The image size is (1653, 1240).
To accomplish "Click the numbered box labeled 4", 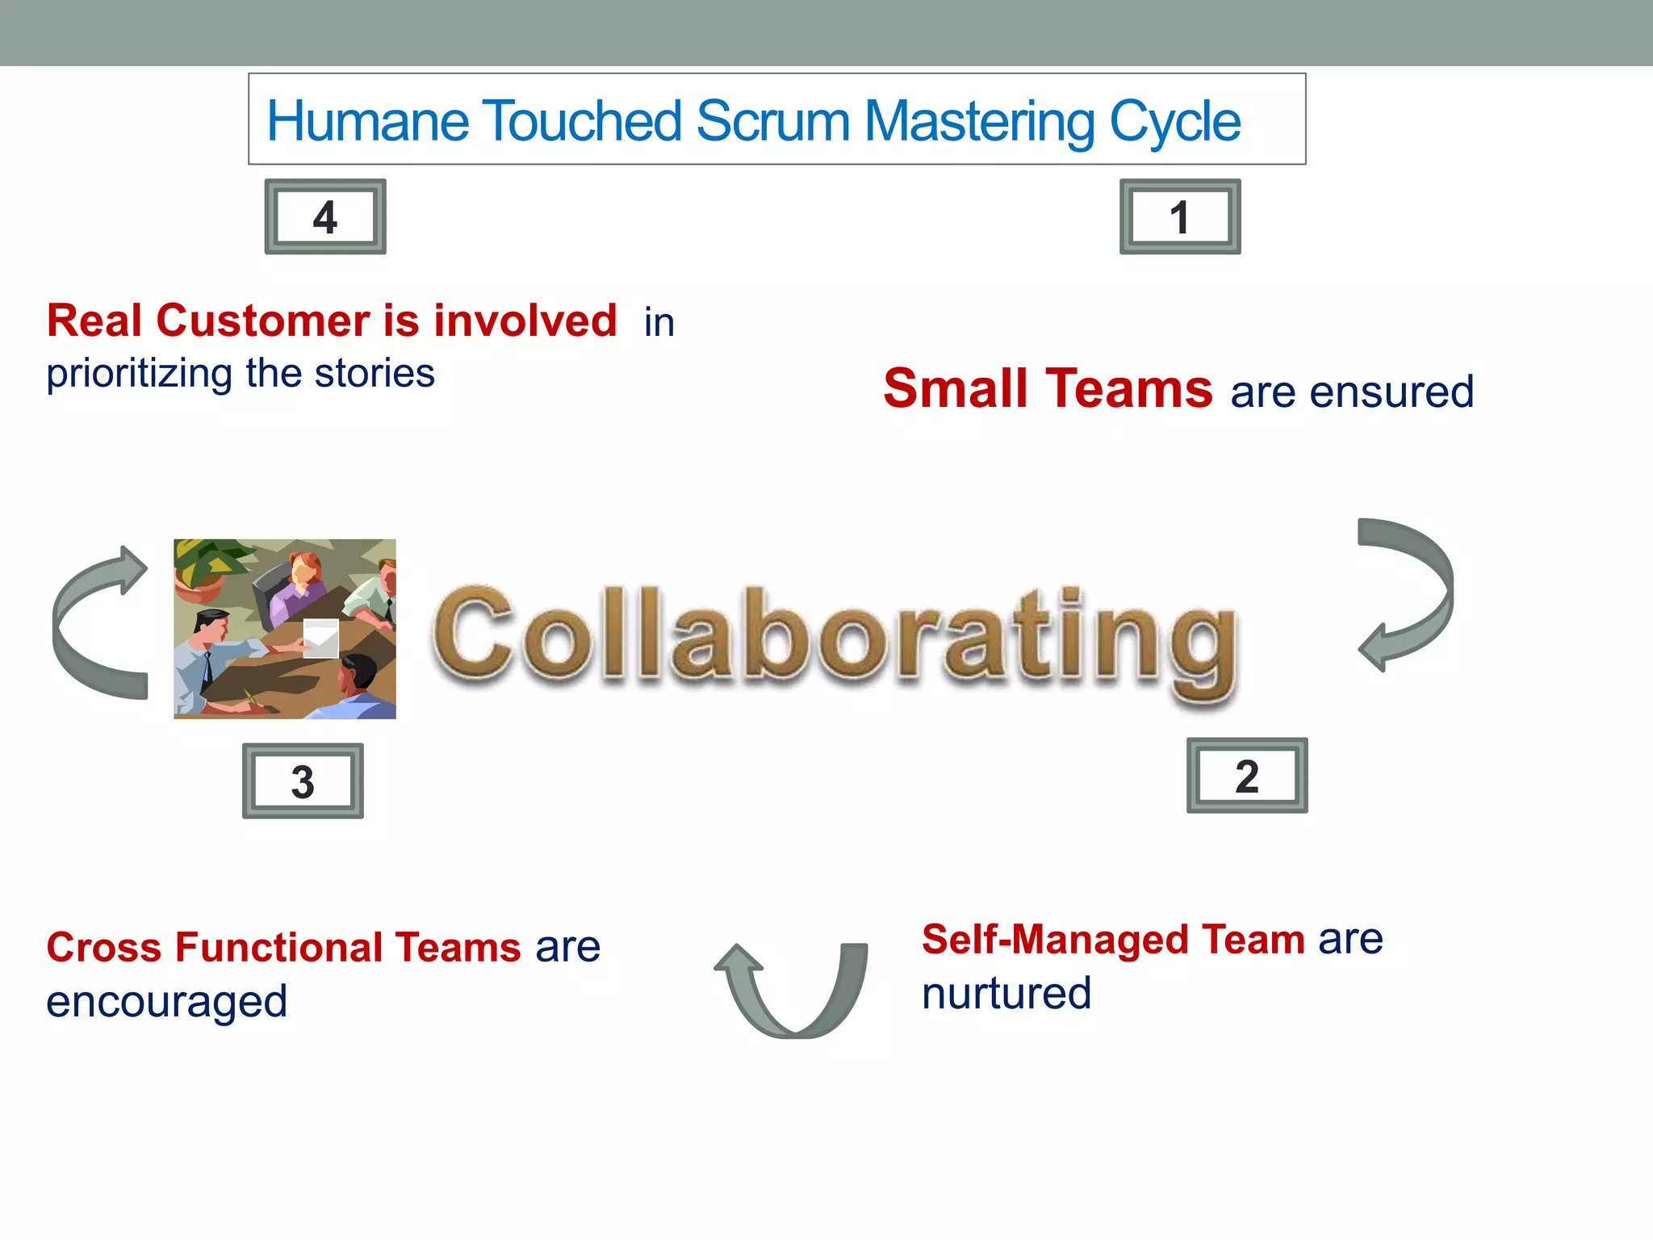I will coord(325,217).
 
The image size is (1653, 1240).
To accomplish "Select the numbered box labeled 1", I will coord(1179,217).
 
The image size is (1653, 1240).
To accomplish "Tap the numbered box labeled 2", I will coord(1246,776).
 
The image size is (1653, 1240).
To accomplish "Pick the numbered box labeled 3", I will coord(303,781).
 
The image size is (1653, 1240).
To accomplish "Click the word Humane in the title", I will coord(368,122).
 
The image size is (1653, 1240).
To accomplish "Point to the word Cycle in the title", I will coord(1174,122).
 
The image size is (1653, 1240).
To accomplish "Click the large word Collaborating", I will coord(835,638).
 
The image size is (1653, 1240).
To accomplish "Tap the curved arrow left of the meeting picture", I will coord(93,622).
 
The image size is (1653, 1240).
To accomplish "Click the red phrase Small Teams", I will coord(1048,389).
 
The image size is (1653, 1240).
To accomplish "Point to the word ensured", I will coord(1391,392).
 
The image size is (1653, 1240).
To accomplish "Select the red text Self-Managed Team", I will coord(1113,940).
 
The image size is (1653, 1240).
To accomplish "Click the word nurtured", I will coord(1006,994).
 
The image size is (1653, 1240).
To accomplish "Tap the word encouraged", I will coord(166,1003).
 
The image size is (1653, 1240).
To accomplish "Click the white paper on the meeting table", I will coord(321,638).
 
